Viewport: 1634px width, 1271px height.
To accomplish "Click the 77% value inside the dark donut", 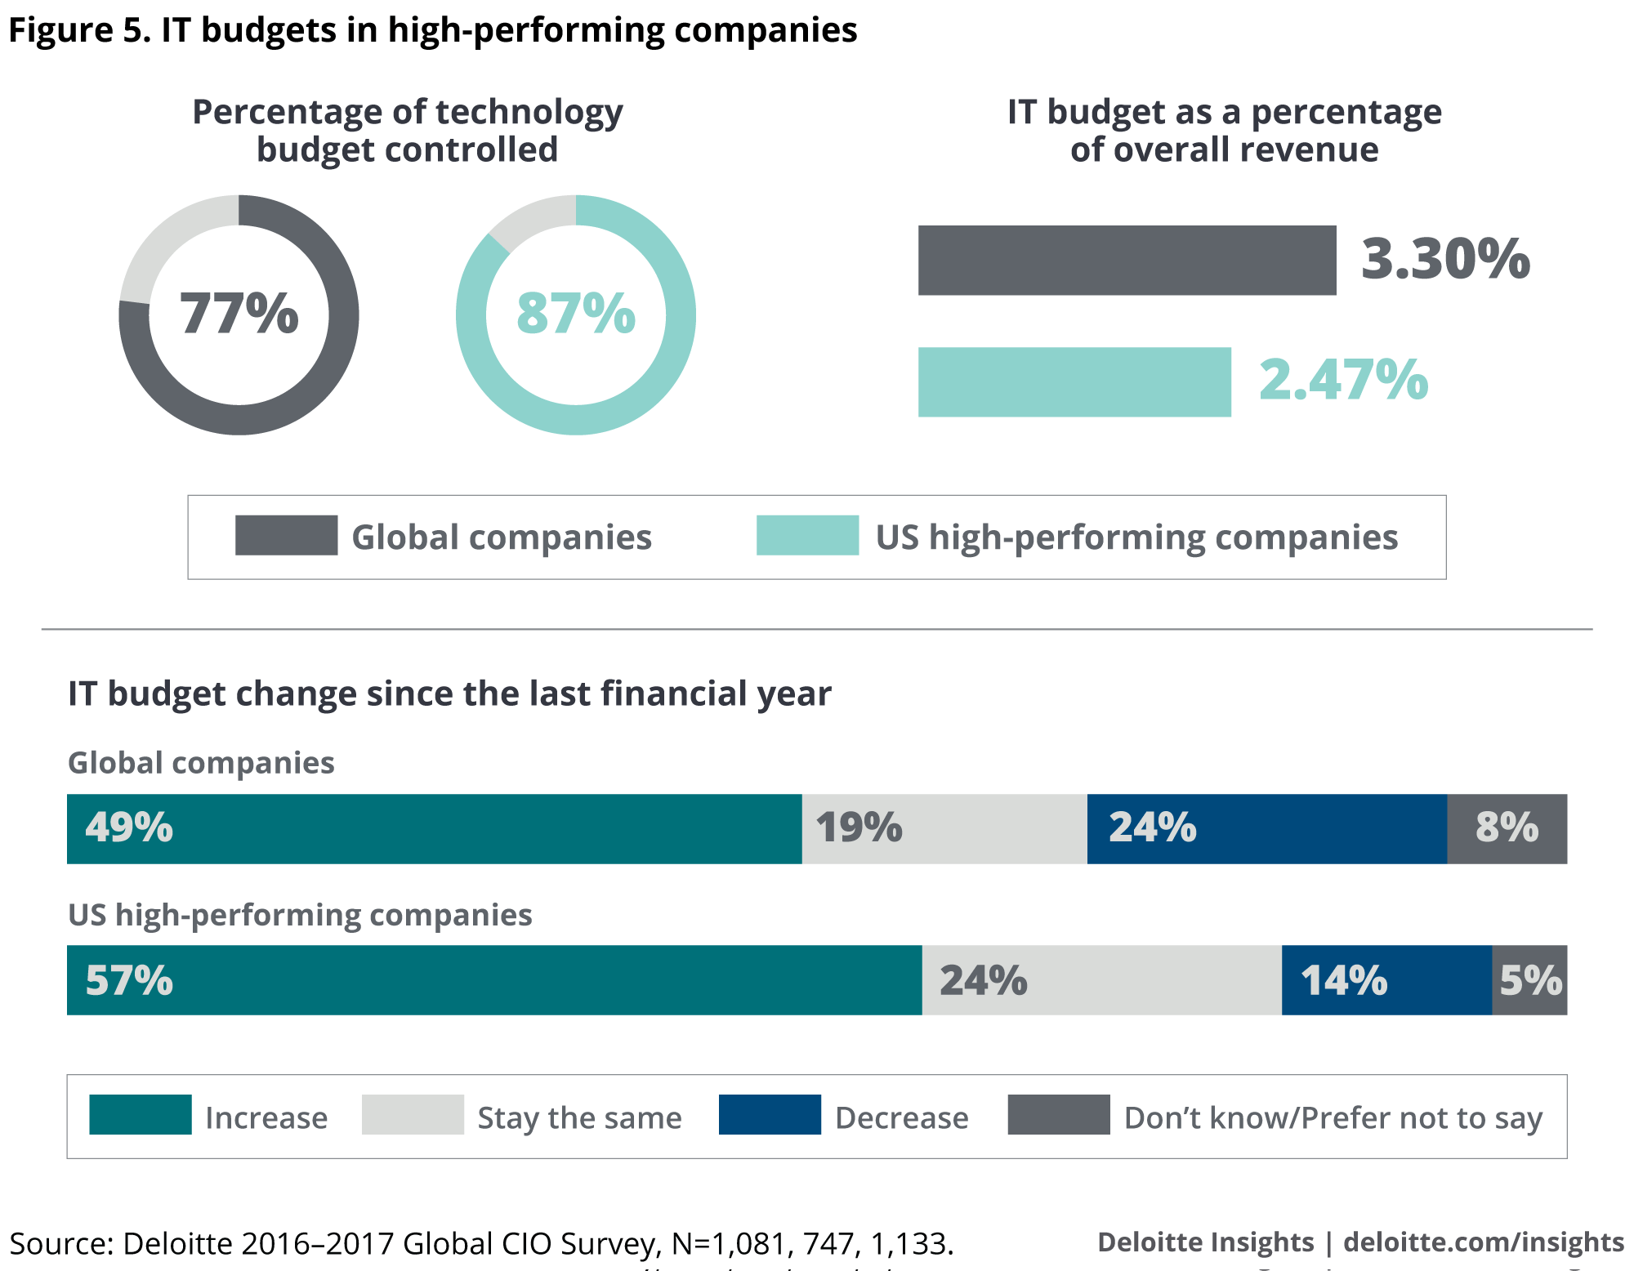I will [239, 314].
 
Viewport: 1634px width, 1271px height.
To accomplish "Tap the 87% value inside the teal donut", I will [576, 314].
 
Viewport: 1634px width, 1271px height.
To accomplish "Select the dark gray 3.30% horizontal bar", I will [1127, 260].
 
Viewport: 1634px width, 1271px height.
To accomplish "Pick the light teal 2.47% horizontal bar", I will [1074, 381].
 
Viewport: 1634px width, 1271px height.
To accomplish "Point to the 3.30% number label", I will [1445, 259].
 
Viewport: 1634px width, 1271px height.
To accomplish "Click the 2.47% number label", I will [1343, 381].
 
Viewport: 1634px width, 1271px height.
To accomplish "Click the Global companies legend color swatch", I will [286, 535].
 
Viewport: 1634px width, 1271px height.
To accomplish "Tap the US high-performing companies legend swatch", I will [807, 535].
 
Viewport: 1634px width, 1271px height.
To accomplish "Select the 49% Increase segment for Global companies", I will [434, 828].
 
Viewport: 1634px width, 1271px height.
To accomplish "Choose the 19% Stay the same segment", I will [944, 828].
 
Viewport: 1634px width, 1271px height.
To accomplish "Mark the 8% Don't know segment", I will [1507, 828].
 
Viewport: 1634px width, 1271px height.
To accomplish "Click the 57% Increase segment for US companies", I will [494, 980].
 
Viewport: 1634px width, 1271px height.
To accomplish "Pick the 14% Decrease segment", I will [1386, 980].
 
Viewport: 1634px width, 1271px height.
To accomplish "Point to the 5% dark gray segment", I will [1529, 980].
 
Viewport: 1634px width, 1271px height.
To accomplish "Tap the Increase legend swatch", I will [141, 1114].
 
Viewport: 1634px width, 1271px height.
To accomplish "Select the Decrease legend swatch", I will [770, 1114].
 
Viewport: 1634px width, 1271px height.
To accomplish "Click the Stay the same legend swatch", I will [413, 1114].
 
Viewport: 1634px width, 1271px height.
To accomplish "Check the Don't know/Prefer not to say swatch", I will [1059, 1114].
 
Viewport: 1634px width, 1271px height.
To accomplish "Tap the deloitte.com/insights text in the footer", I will [1483, 1242].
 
